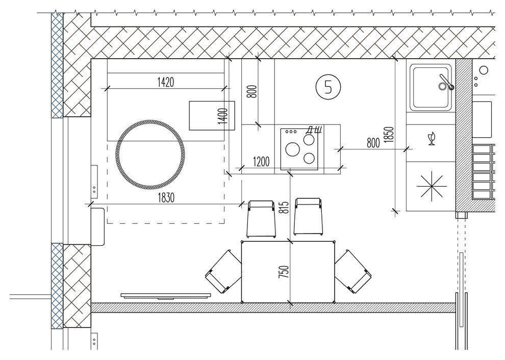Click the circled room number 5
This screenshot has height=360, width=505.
tap(328, 87)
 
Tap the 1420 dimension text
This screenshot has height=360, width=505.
tap(166, 82)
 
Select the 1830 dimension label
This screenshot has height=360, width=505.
tap(166, 197)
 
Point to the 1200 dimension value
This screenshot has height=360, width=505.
tap(261, 161)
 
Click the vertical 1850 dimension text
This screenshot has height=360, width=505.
tap(389, 135)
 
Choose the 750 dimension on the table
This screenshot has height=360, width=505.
tap(284, 272)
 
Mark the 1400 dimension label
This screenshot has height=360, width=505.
tap(222, 116)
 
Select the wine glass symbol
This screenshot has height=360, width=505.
tap(432, 139)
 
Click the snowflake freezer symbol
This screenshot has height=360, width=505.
tap(432, 186)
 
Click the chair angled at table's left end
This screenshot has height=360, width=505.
tap(223, 271)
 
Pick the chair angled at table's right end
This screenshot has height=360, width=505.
tap(353, 271)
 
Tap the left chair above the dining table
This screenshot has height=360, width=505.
tap(261, 219)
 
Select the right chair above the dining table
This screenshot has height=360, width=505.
tap(308, 217)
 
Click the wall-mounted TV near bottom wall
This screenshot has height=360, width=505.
tap(166, 296)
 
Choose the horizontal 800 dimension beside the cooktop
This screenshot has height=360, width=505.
tap(373, 143)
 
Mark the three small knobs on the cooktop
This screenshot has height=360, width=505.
tap(291, 132)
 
